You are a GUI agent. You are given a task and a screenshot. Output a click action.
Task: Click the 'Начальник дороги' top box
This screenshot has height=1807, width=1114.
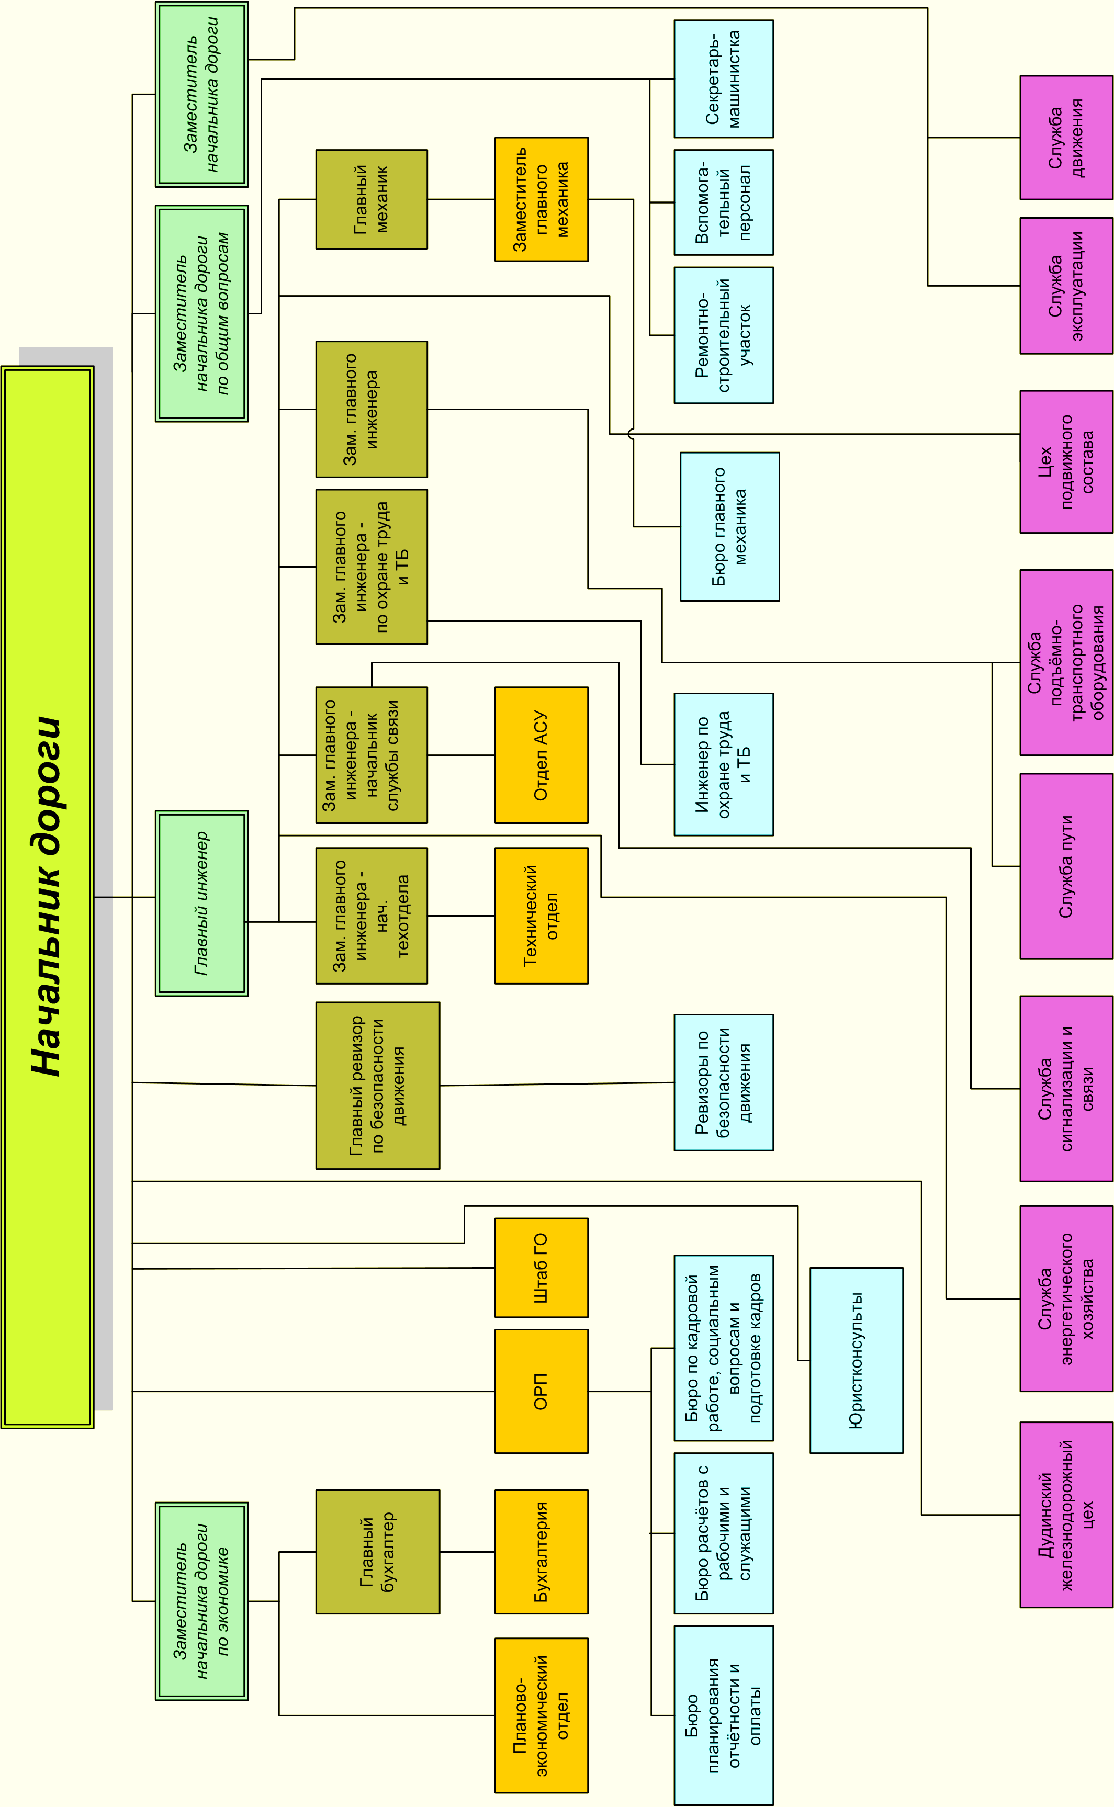[x=47, y=897]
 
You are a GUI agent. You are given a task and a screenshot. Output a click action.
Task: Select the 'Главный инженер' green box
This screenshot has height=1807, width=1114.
[x=201, y=903]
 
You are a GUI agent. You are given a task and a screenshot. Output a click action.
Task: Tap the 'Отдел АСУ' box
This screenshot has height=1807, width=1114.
[x=541, y=755]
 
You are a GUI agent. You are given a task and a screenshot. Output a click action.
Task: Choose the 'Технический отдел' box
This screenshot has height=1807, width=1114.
[x=541, y=916]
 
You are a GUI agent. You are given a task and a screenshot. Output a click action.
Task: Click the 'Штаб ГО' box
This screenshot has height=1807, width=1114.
[x=541, y=1268]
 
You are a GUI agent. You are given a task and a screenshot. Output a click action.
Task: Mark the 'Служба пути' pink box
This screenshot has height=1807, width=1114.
[x=1066, y=866]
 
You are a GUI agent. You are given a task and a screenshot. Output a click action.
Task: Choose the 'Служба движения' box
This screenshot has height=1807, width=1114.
[x=1066, y=138]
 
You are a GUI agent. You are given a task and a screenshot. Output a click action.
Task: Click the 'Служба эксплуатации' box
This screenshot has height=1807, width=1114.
[x=1066, y=286]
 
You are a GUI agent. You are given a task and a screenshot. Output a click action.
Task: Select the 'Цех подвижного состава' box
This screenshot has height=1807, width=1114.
[x=1066, y=462]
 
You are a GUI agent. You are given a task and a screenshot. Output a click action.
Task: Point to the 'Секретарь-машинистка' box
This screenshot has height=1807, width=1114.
[x=724, y=79]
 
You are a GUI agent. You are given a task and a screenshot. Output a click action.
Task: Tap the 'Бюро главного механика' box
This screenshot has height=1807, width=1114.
[x=729, y=527]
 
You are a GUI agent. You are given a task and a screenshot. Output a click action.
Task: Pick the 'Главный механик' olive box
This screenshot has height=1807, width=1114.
[x=372, y=200]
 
